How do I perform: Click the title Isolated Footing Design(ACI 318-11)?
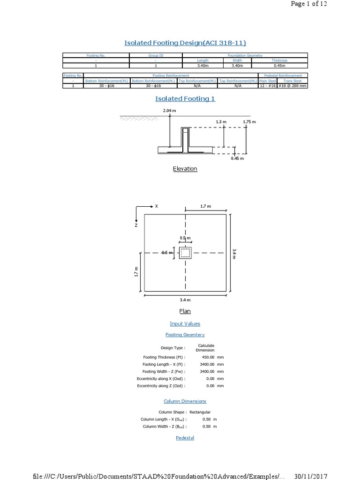(185, 43)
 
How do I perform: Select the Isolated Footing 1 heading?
(185, 98)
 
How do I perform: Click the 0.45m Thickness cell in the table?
(279, 66)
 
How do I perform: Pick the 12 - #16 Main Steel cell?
(267, 86)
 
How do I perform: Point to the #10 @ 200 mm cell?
(292, 86)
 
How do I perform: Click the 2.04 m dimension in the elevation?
(169, 111)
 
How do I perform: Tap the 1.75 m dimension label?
(250, 122)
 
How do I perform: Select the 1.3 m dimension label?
(221, 122)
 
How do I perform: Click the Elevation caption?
(185, 169)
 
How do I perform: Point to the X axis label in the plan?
(157, 206)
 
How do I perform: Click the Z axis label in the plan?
(136, 225)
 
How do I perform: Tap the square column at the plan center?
(186, 253)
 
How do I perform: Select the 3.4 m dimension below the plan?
(185, 300)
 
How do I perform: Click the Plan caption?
(185, 311)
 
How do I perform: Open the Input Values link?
(185, 323)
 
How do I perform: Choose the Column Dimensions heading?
(185, 401)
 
